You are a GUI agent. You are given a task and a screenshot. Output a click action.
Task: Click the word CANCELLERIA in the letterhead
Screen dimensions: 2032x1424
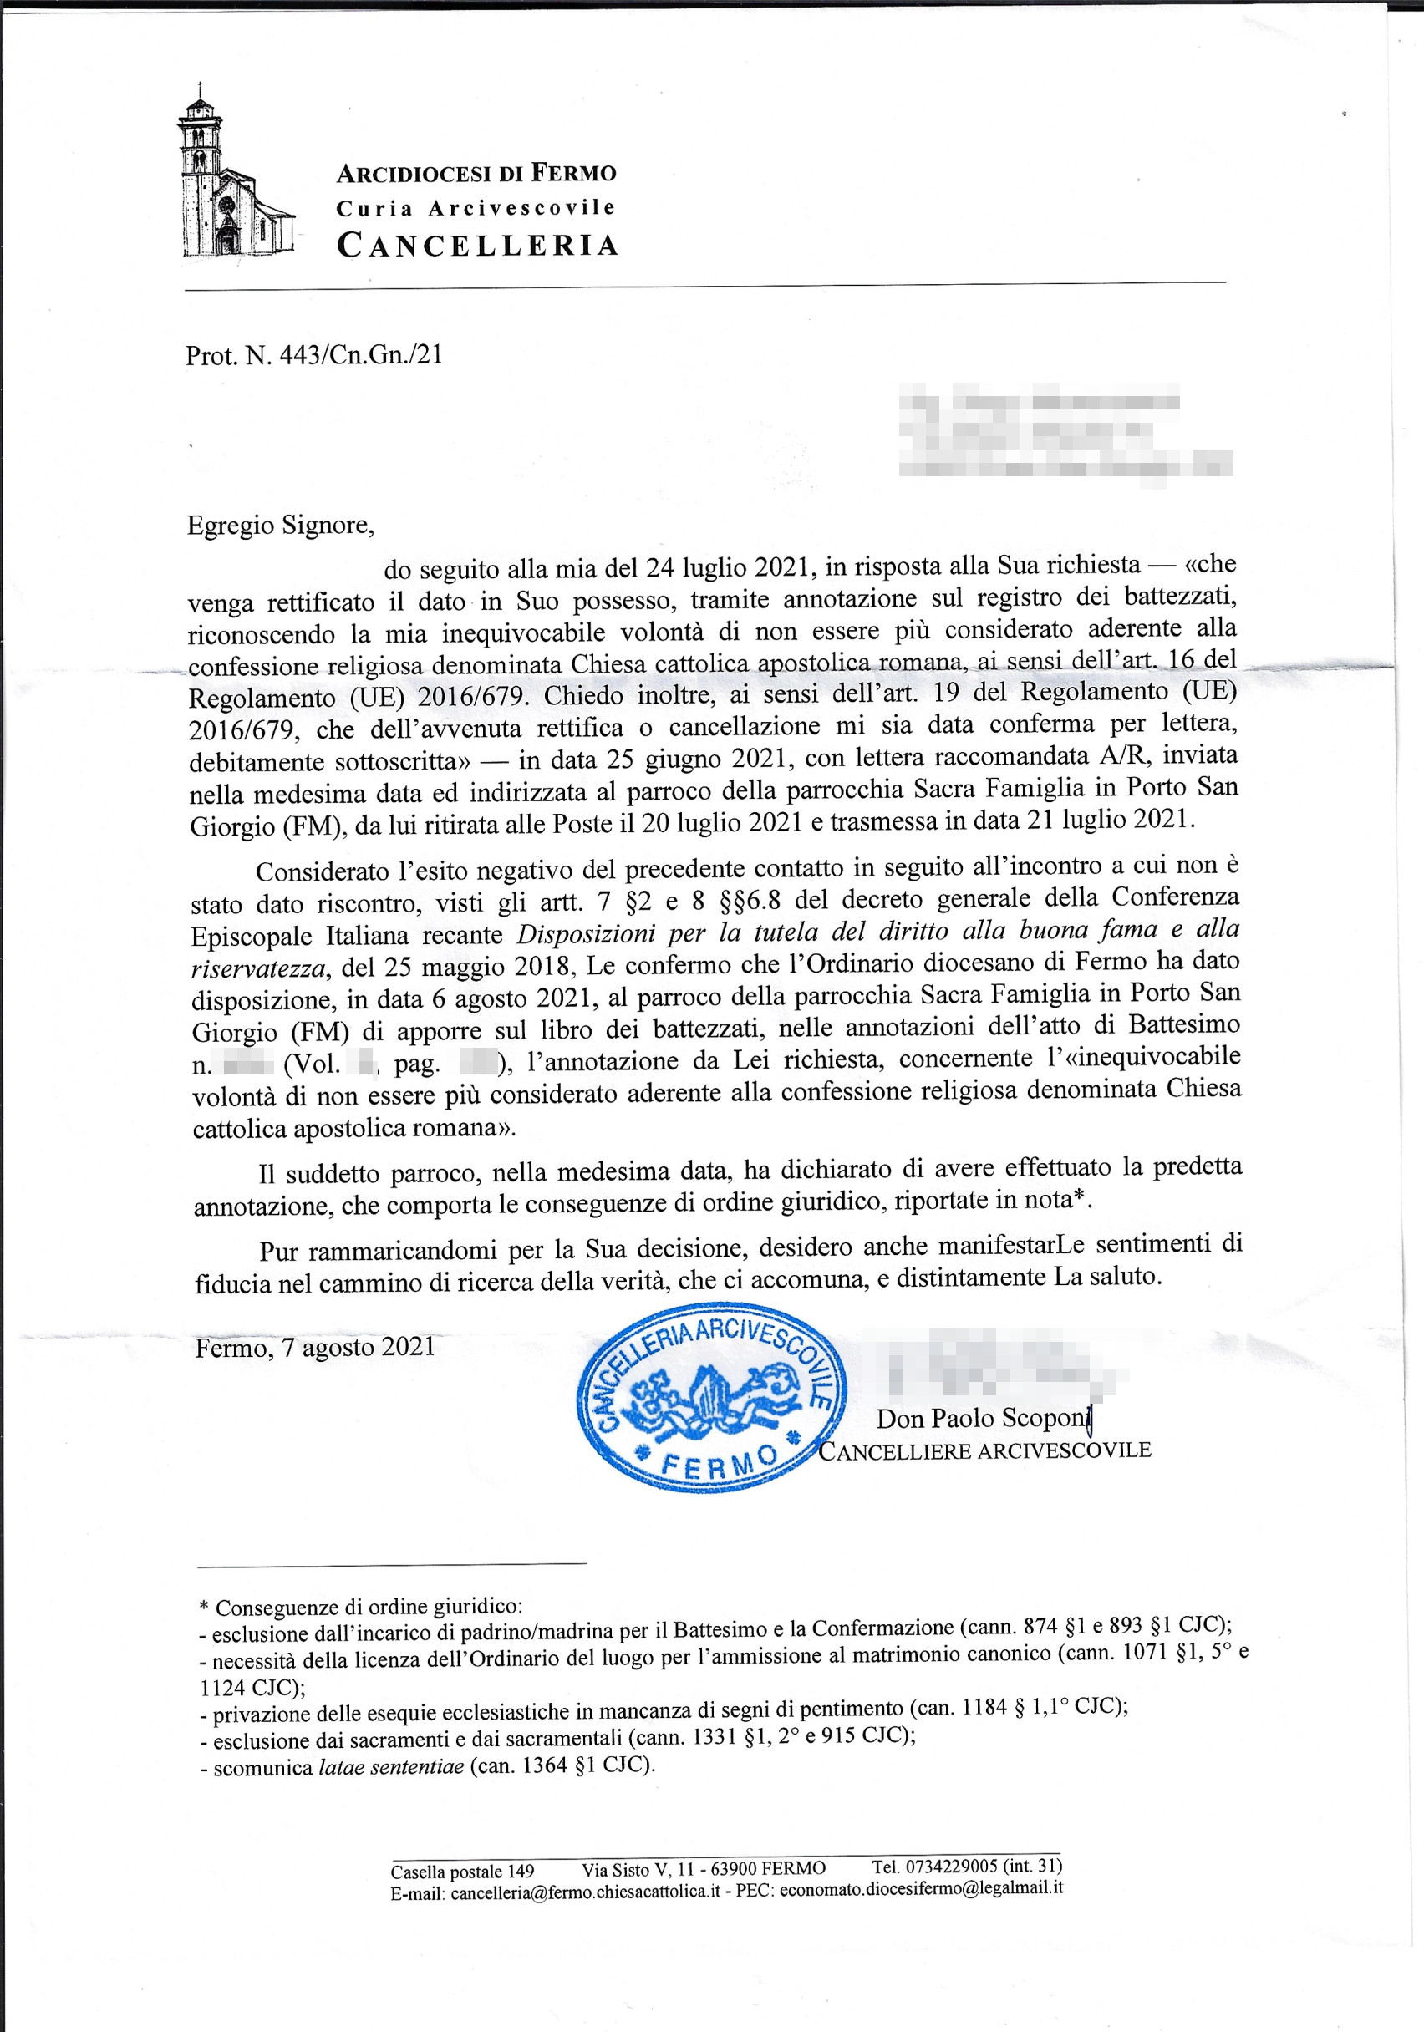(476, 245)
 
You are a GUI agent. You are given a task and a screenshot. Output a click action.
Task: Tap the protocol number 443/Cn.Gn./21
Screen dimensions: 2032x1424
(360, 356)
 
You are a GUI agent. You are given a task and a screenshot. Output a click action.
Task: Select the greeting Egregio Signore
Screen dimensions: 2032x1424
(280, 526)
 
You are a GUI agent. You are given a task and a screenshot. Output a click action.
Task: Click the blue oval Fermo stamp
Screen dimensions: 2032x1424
(710, 1396)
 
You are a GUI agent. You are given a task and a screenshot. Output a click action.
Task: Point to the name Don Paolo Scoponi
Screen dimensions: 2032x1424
(983, 1419)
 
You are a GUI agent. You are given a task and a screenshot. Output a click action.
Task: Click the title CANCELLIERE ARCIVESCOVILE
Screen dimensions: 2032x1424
(985, 1450)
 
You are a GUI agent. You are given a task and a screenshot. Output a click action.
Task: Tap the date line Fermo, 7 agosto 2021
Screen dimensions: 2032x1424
(315, 1347)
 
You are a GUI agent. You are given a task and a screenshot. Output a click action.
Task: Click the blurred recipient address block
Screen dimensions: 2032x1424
(1064, 429)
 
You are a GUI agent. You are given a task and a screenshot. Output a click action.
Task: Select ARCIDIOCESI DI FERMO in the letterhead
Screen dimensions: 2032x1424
(476, 173)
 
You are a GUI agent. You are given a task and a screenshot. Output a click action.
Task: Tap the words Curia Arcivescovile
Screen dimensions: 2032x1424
(476, 208)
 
